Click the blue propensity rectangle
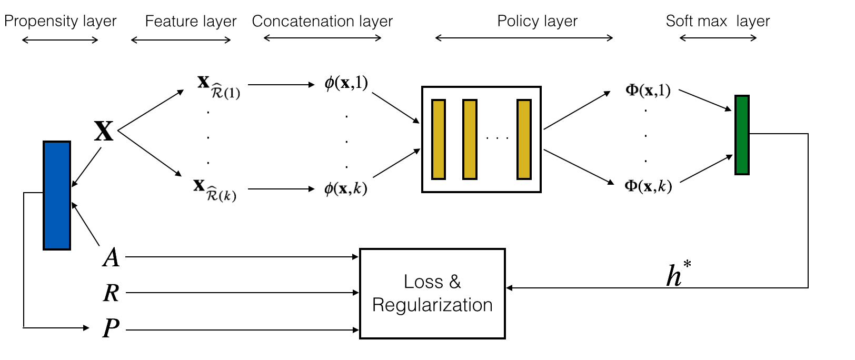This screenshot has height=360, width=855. pyautogui.click(x=57, y=195)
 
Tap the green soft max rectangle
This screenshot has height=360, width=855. pyautogui.click(x=742, y=135)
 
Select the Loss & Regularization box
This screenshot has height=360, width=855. pyautogui.click(x=432, y=294)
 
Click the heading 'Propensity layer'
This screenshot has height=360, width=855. pyautogui.click(x=60, y=21)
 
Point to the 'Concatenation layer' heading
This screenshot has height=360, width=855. pyautogui.click(x=322, y=21)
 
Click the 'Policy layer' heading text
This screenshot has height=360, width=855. pyautogui.click(x=537, y=21)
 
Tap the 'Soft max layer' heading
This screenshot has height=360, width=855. pyautogui.click(x=718, y=21)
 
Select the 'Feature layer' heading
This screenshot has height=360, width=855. pyautogui.click(x=191, y=21)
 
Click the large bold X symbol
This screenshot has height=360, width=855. pyautogui.click(x=104, y=131)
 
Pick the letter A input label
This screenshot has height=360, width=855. pyautogui.click(x=111, y=258)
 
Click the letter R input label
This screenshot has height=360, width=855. pyautogui.click(x=111, y=293)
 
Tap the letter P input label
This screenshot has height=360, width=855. pyautogui.click(x=111, y=328)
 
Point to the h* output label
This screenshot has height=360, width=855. pyautogui.click(x=678, y=274)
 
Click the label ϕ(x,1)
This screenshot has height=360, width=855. pyautogui.click(x=346, y=83)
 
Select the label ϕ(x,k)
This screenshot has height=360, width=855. pyautogui.click(x=345, y=188)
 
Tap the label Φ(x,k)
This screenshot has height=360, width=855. pyautogui.click(x=648, y=186)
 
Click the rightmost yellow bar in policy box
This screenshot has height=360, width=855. pyautogui.click(x=524, y=139)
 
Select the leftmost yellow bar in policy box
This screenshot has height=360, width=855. pyautogui.click(x=439, y=139)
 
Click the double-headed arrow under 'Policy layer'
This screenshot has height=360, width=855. pyautogui.click(x=524, y=38)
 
